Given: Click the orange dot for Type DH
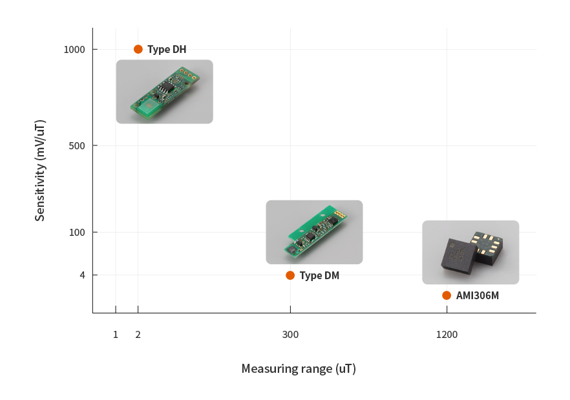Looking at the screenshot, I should (138, 49).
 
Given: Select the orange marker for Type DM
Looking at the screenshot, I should (290, 275).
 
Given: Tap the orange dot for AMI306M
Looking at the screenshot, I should (447, 295).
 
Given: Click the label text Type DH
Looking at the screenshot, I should (167, 49).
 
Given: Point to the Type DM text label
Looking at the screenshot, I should (319, 275).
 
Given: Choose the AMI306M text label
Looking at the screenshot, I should (478, 295).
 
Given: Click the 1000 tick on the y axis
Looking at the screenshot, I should (75, 50).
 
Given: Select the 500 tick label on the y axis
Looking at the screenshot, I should (78, 145).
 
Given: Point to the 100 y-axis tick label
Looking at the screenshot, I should (78, 232).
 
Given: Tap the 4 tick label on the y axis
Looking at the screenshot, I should (83, 275).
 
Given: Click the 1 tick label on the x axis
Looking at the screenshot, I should (116, 334).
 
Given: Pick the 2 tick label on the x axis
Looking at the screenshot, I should (138, 334).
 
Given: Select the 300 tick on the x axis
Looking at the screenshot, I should (290, 334).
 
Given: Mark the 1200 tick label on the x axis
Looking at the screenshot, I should (447, 334).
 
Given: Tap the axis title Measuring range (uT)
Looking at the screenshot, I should (299, 369).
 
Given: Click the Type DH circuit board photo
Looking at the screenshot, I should (164, 92).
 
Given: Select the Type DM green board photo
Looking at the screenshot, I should (314, 232).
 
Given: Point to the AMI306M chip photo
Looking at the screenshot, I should (470, 252).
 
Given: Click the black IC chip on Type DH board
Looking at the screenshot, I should (167, 86).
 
